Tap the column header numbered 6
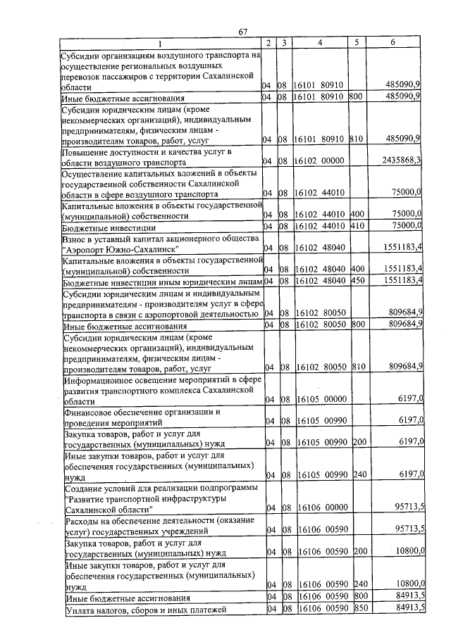pyautogui.click(x=393, y=44)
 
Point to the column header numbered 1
pyautogui.click(x=159, y=44)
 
